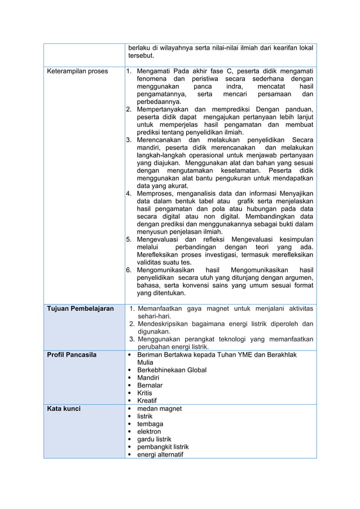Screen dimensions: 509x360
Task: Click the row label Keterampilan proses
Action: pos(77,71)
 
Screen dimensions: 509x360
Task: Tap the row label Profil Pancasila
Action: pos(72,355)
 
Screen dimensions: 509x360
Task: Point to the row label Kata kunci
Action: pos(63,409)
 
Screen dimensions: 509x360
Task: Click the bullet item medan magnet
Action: pos(160,409)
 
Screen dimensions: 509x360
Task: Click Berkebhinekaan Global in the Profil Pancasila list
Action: pos(172,370)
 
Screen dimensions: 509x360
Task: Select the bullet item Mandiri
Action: pos(149,378)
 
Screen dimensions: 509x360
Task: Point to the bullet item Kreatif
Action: pos(148,401)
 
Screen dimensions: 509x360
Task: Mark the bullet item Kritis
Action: pos(145,393)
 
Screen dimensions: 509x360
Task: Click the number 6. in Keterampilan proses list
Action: pos(129,270)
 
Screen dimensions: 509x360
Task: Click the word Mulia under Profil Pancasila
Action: pos(146,362)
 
